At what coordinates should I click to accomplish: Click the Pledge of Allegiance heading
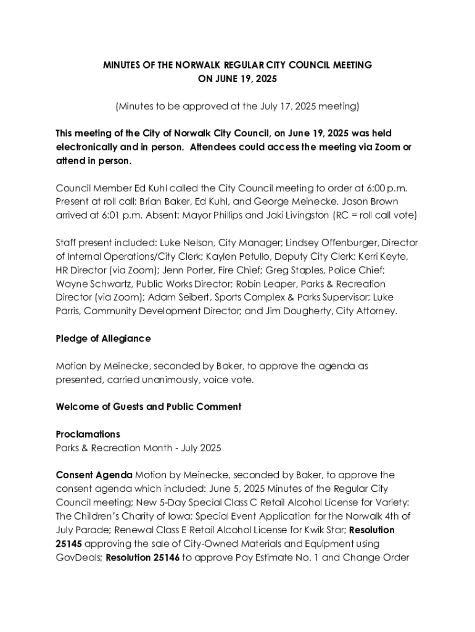coord(103,339)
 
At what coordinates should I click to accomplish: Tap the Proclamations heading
coord(88,434)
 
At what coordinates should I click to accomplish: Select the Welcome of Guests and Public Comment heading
coord(148,407)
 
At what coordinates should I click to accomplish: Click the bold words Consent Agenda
coord(94,475)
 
